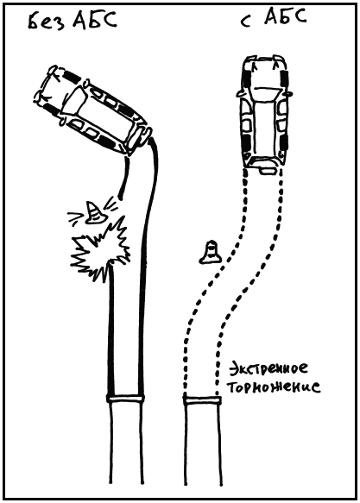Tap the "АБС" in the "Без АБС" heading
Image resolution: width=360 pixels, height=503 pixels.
click(x=94, y=21)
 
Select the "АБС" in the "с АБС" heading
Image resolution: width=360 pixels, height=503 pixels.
click(x=285, y=17)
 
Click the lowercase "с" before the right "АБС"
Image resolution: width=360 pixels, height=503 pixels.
click(x=246, y=22)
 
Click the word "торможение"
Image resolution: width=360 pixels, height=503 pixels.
click(x=274, y=387)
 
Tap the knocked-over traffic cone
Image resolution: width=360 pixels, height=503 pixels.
click(x=94, y=213)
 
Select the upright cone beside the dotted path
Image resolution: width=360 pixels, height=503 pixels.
click(x=211, y=253)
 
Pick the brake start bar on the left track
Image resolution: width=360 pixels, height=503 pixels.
click(x=126, y=399)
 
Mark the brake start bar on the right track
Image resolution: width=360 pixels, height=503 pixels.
click(x=202, y=400)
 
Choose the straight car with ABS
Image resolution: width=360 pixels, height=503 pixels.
click(x=264, y=115)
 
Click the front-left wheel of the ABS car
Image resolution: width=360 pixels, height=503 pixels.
click(x=247, y=78)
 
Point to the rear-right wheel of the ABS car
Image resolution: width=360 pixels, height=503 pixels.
click(x=285, y=142)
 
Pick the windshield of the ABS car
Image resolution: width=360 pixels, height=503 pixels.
click(x=264, y=91)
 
